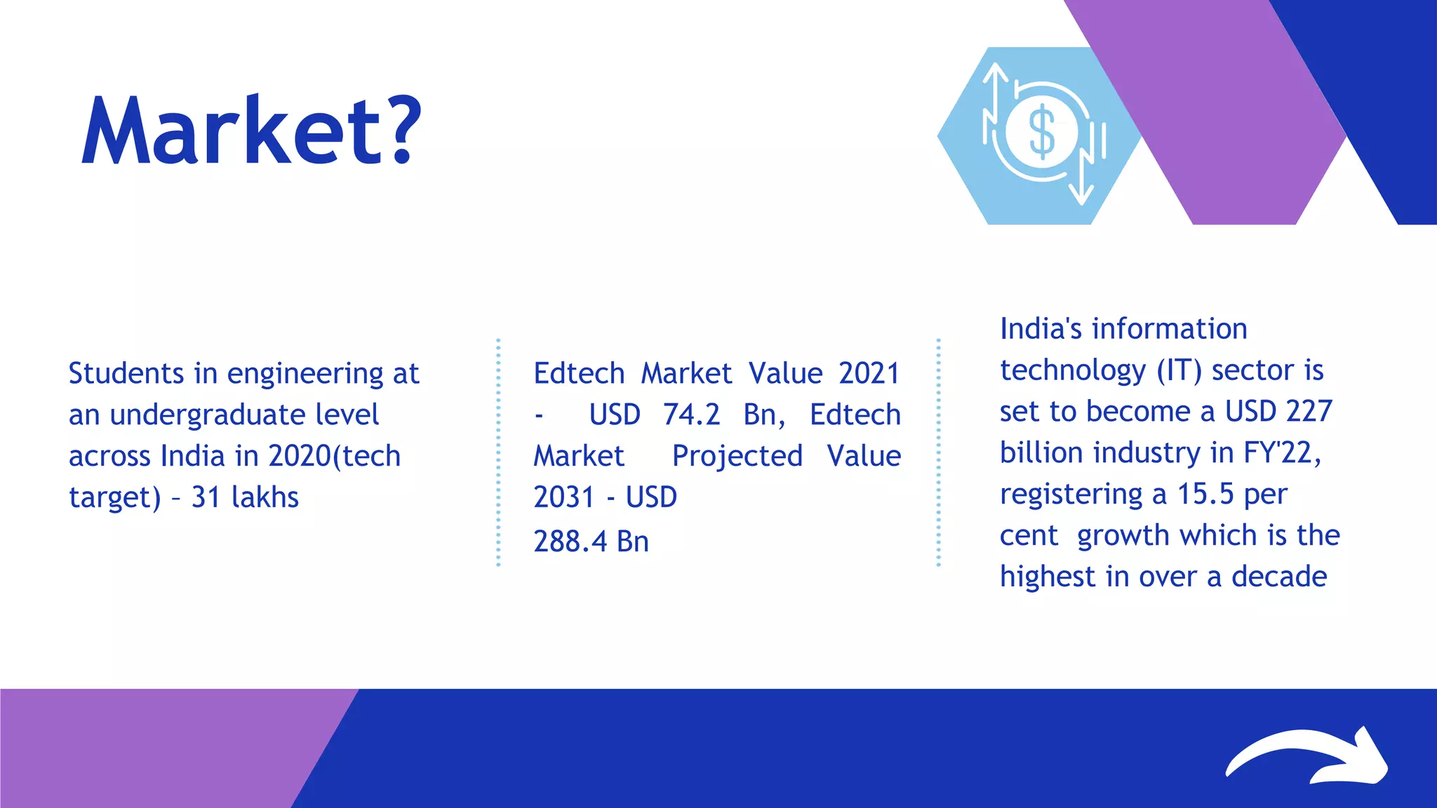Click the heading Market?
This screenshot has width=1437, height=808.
[251, 131]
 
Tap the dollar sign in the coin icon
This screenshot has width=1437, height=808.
[1041, 132]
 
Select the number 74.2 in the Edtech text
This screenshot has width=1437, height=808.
[691, 415]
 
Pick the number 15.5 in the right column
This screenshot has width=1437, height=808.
[1205, 494]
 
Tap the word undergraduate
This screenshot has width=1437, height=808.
[244, 415]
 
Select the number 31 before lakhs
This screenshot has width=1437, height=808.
[206, 497]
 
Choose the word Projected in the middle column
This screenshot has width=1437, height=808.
[737, 456]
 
